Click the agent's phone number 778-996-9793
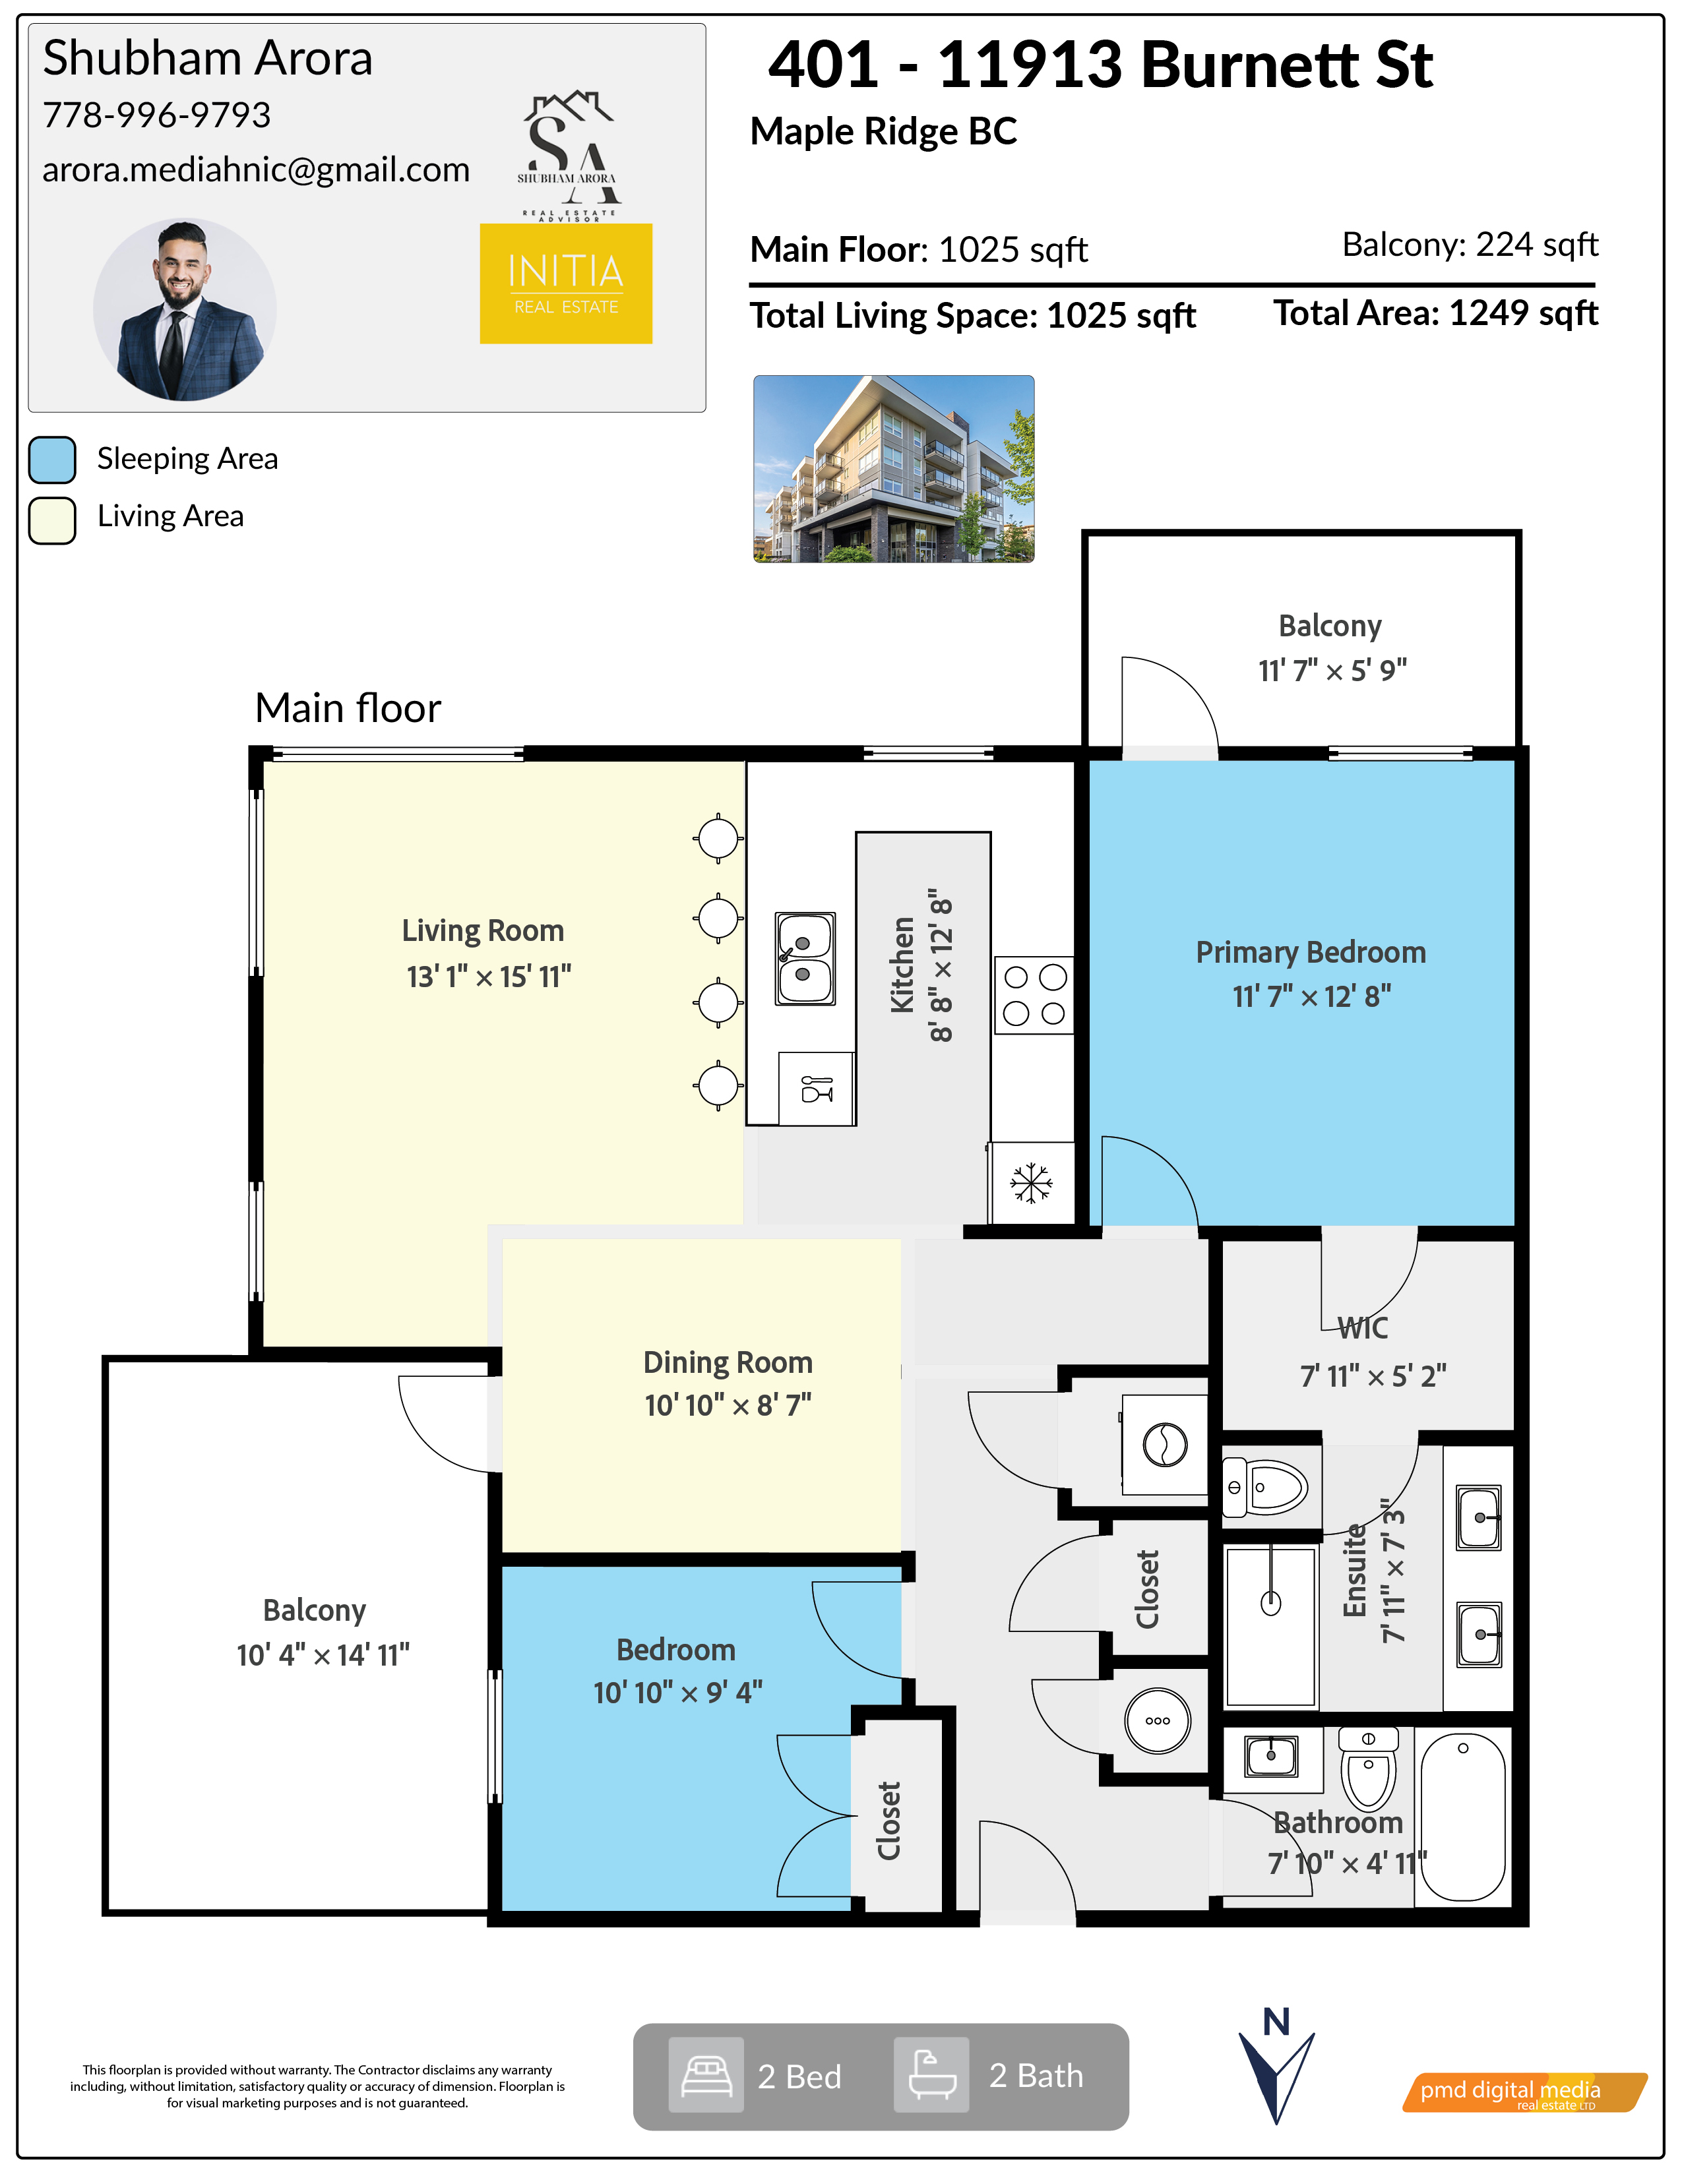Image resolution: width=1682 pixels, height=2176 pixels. pyautogui.click(x=156, y=115)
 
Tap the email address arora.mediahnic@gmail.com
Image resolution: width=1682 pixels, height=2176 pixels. pyautogui.click(x=256, y=170)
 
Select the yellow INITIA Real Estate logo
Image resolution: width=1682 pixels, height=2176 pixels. pyautogui.click(x=566, y=284)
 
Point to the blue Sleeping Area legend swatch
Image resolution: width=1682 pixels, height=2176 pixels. pyautogui.click(x=53, y=460)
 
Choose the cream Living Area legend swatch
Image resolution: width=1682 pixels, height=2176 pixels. pyautogui.click(x=53, y=520)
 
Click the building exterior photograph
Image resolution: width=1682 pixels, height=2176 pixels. pyautogui.click(x=894, y=469)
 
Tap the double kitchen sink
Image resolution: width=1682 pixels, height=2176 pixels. pyautogui.click(x=806, y=959)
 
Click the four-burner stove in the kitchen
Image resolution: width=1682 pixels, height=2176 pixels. pyautogui.click(x=1034, y=995)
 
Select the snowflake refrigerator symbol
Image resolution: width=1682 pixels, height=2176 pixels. pyautogui.click(x=1032, y=1183)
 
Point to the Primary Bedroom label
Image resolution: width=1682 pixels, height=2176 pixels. pyautogui.click(x=1311, y=953)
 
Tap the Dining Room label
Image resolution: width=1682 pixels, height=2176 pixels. pyautogui.click(x=728, y=1362)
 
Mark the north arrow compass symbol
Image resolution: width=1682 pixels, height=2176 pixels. pyautogui.click(x=1276, y=2065)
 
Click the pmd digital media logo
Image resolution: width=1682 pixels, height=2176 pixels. pyautogui.click(x=1524, y=2092)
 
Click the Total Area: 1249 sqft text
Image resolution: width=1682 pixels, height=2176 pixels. pyautogui.click(x=1436, y=314)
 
